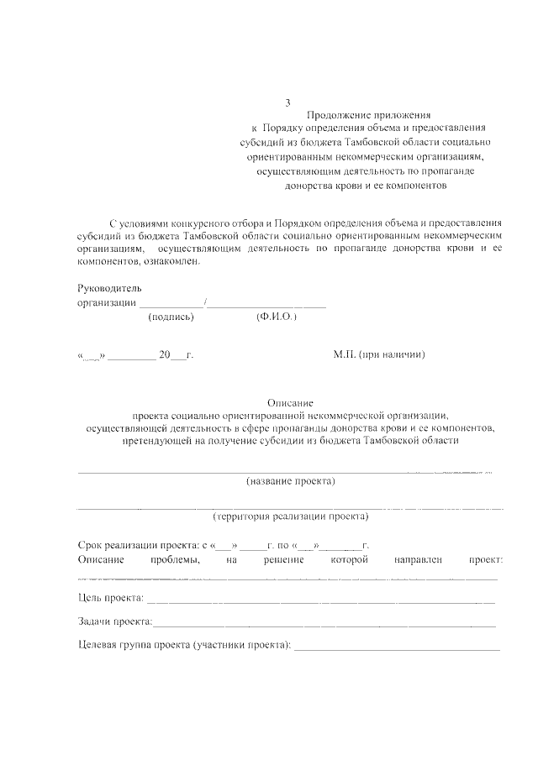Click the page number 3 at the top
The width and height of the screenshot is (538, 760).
[287, 103]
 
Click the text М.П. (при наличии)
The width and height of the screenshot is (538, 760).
[379, 355]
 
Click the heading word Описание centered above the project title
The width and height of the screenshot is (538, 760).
[290, 403]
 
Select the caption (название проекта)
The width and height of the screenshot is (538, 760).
[291, 481]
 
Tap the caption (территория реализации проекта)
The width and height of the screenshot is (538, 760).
[291, 516]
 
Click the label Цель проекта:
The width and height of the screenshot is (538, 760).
[110, 599]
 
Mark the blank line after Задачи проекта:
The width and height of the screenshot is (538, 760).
[324, 626]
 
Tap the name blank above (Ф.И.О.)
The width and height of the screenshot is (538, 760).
[266, 306]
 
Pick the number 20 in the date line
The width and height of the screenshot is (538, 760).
[165, 355]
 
